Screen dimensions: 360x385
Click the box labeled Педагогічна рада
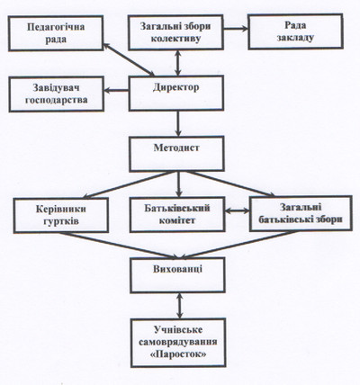tap(56, 33)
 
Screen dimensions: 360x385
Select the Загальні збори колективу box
tap(175, 32)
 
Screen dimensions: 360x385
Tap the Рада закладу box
tap(295, 31)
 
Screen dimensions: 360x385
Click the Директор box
tap(176, 93)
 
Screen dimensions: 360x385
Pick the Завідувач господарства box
tap(57, 94)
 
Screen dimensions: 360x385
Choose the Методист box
tap(177, 154)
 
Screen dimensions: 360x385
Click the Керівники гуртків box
tap(61, 215)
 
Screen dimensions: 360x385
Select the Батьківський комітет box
tap(177, 214)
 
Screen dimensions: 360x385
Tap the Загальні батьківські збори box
tap(301, 213)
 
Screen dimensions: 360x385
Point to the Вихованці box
tap(177, 275)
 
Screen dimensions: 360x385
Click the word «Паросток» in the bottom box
tap(178, 354)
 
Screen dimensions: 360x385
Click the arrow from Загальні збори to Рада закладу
tap(236, 29)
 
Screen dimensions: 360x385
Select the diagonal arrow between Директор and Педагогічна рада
tap(129, 59)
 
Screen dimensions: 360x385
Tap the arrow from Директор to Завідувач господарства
tap(116, 90)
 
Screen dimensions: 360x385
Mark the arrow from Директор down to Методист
tap(178, 123)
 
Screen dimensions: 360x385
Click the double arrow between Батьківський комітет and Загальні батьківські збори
tap(238, 210)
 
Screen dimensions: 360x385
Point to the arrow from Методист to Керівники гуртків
tap(128, 184)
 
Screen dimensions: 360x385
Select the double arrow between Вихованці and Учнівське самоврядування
tap(180, 306)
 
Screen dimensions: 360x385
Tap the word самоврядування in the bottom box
tap(178, 342)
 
